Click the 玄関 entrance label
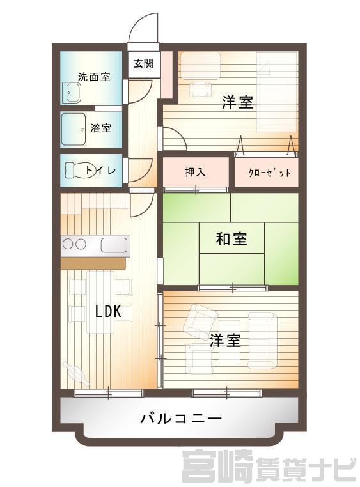[x=143, y=64]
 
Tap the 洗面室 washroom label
[x=94, y=77]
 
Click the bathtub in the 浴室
[x=74, y=129]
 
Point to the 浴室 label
[x=101, y=128]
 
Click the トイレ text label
[x=100, y=170]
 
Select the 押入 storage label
[x=195, y=172]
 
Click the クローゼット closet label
[x=270, y=173]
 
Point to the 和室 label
[x=231, y=239]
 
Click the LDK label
[x=108, y=311]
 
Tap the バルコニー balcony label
[x=181, y=419]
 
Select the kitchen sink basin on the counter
[x=114, y=245]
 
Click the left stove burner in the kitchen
[x=68, y=244]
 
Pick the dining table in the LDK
[x=101, y=302]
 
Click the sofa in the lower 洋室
[x=262, y=341]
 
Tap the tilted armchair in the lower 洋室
[x=201, y=320]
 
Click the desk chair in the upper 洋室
[x=201, y=89]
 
